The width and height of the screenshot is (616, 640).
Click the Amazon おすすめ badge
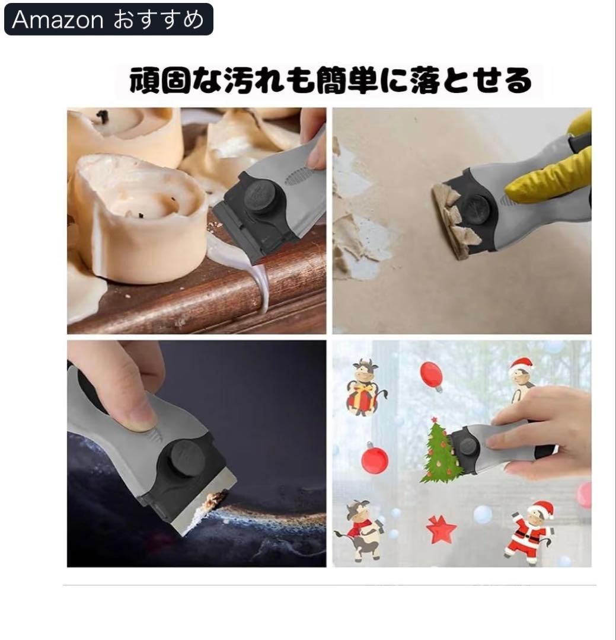[108, 19]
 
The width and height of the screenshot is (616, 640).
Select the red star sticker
[441, 529]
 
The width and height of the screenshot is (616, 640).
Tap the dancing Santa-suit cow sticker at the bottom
[529, 533]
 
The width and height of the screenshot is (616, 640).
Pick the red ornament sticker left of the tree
[375, 459]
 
